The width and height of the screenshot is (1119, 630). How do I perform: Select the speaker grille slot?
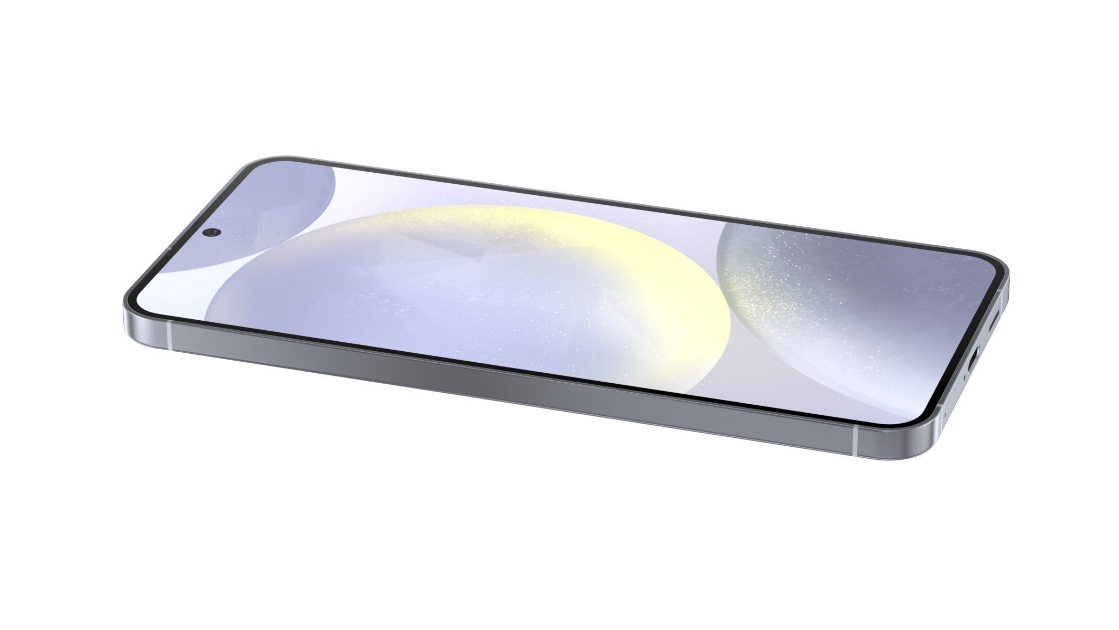click(x=993, y=321)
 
